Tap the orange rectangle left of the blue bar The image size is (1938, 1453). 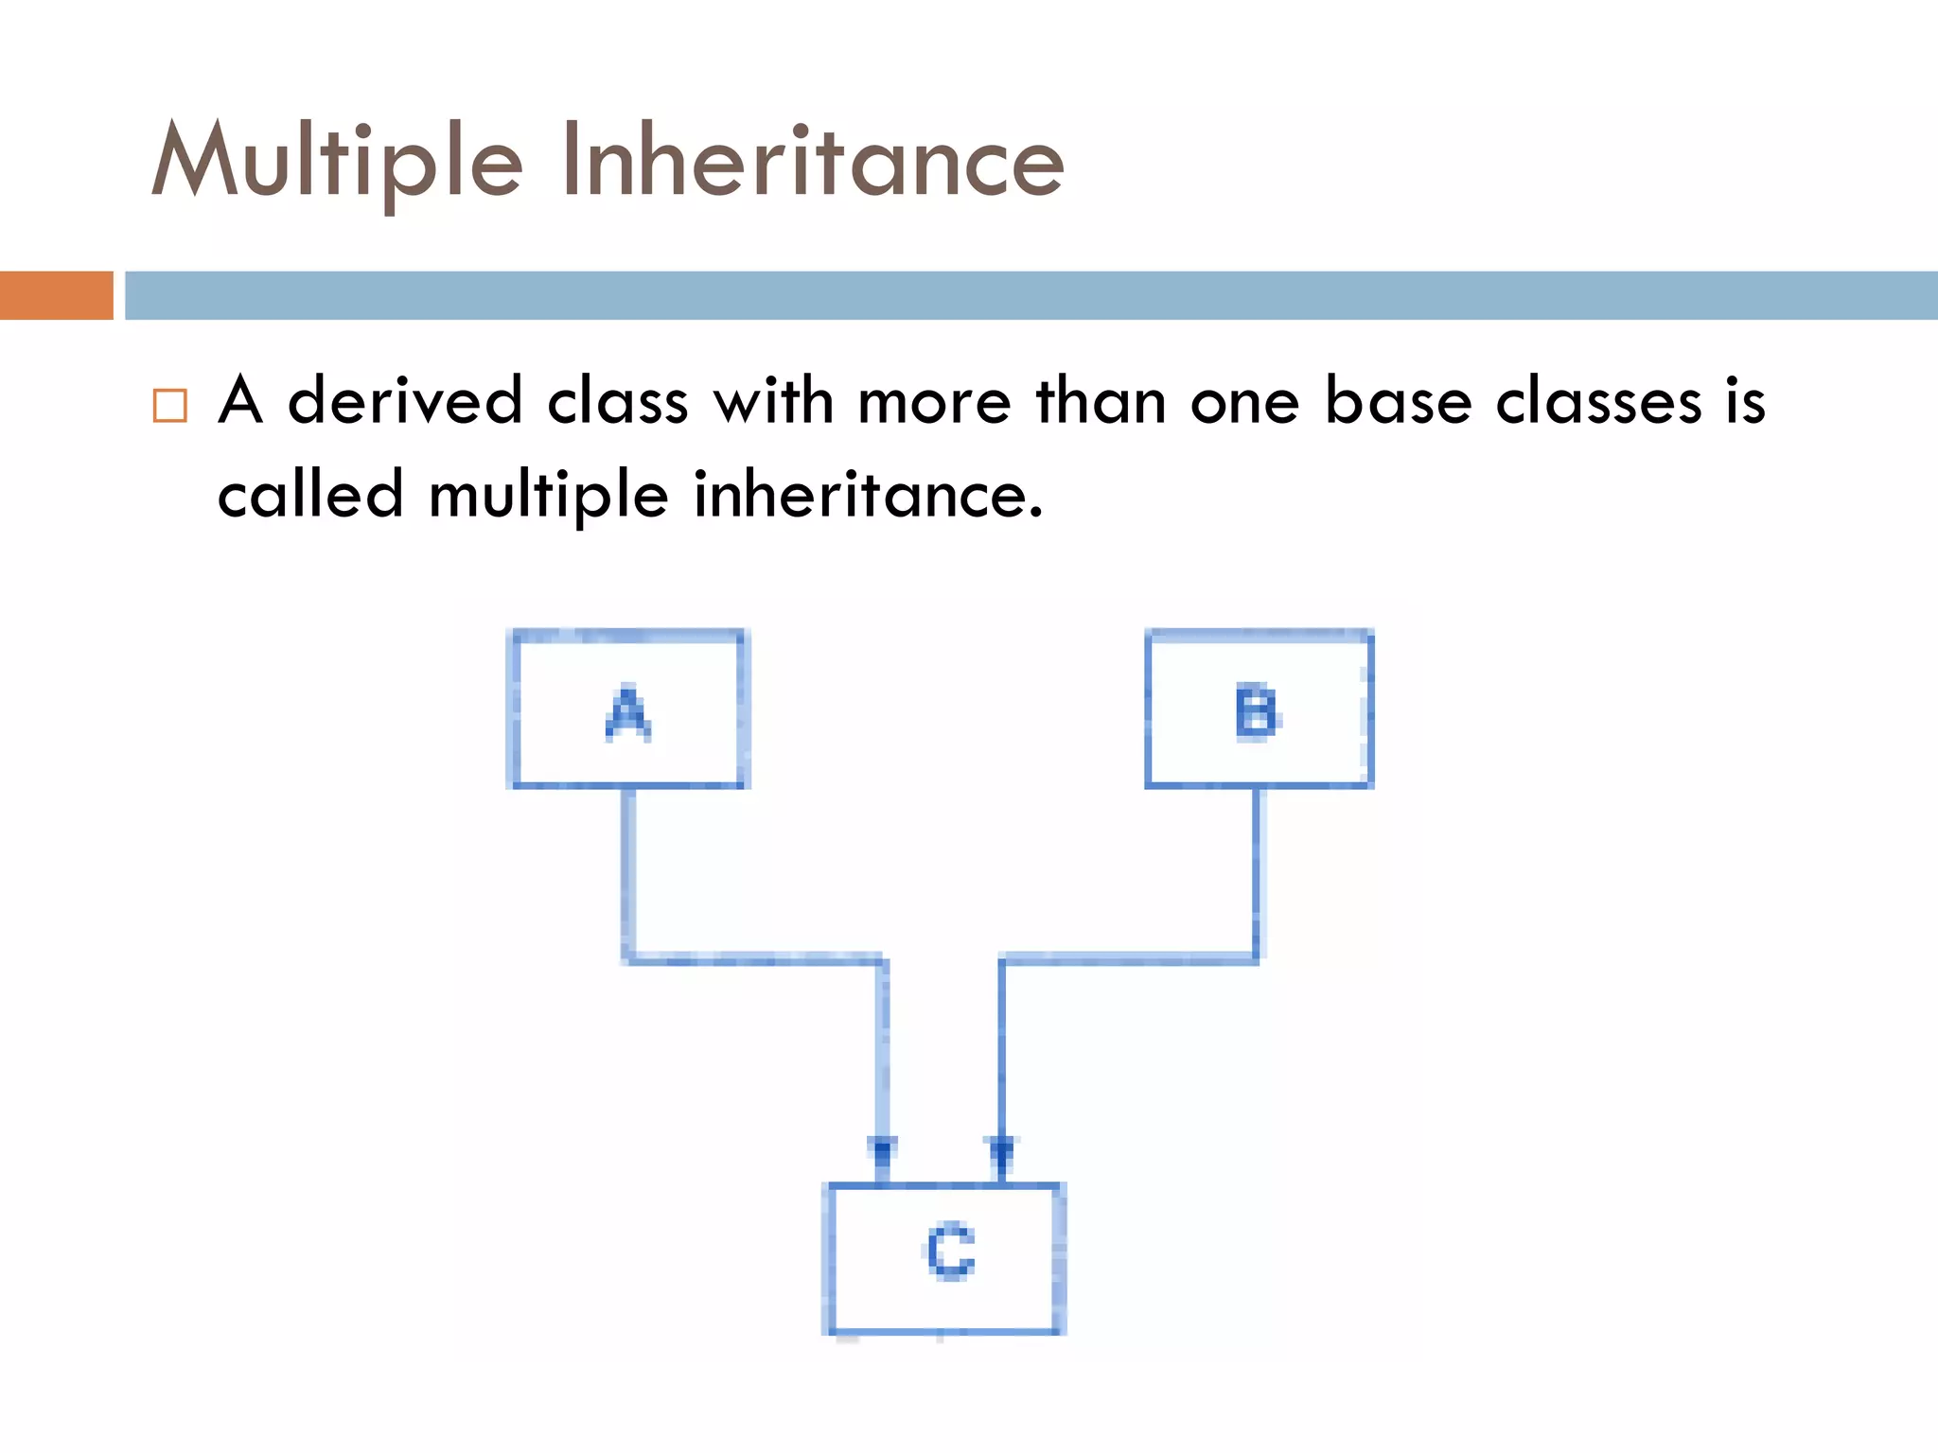[56, 295]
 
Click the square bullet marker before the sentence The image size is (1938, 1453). [170, 405]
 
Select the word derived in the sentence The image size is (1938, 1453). [404, 401]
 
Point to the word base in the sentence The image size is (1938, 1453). [1398, 401]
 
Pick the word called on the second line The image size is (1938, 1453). [310, 494]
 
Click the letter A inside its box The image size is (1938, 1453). [628, 713]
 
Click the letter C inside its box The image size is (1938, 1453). [949, 1252]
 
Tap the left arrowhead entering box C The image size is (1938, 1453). [882, 1151]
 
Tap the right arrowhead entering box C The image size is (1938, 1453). [1002, 1151]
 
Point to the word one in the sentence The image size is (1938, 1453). [1244, 401]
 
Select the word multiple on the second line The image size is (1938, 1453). [548, 494]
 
